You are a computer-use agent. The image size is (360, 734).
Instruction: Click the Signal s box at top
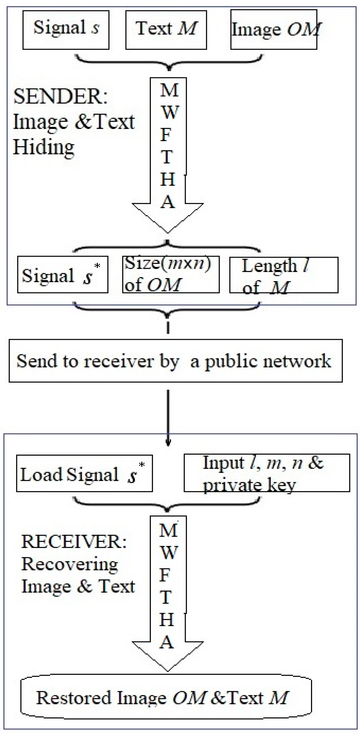pyautogui.click(x=66, y=30)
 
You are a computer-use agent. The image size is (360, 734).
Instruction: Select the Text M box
pyautogui.click(x=166, y=30)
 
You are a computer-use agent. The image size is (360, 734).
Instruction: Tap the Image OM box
pyautogui.click(x=274, y=30)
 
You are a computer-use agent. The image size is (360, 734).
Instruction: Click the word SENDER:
pyautogui.click(x=60, y=97)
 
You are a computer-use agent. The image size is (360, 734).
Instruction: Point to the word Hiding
pyautogui.click(x=44, y=148)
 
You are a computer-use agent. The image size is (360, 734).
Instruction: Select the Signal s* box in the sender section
pyautogui.click(x=63, y=275)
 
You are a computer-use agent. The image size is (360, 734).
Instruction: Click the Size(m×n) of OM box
pyautogui.click(x=171, y=275)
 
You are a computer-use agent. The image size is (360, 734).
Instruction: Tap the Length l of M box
pyautogui.click(x=284, y=275)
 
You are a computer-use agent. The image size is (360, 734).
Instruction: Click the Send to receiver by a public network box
pyautogui.click(x=176, y=361)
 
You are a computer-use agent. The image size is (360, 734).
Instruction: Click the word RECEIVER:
pyautogui.click(x=74, y=542)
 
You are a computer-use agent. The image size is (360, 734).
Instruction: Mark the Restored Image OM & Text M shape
pyautogui.click(x=166, y=698)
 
